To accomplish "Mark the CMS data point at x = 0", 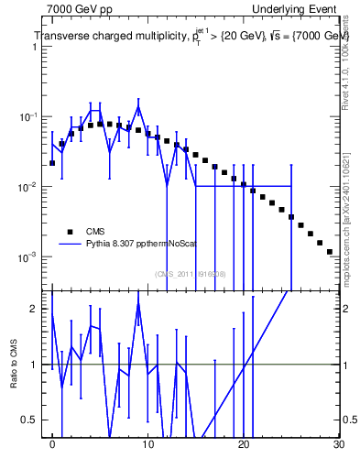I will click(52, 163).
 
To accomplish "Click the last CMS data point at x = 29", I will click(329, 251).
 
